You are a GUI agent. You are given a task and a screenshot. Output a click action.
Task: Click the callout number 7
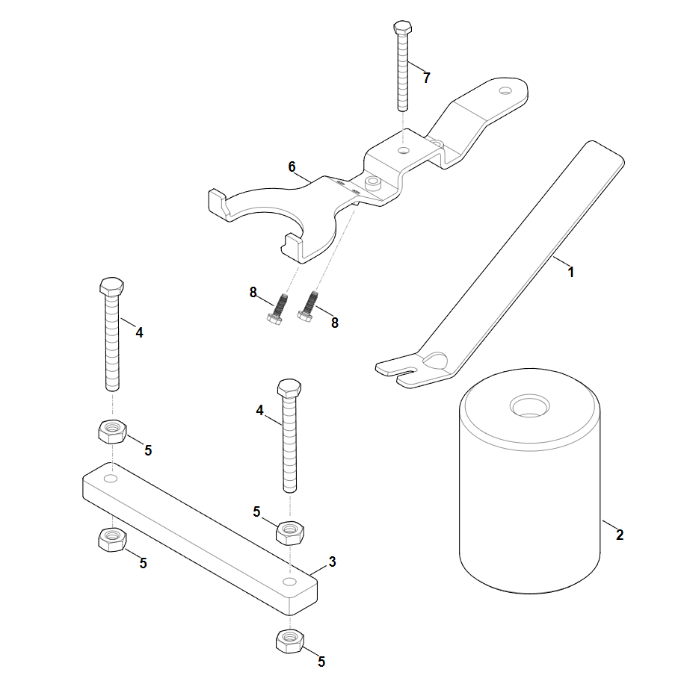pos(427,78)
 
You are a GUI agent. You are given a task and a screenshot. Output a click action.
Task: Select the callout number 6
pos(292,167)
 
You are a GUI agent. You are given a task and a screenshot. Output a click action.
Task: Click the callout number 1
pos(570,272)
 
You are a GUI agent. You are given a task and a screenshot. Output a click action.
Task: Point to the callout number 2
pos(620,534)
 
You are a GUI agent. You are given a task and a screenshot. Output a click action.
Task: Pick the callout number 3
pos(333,562)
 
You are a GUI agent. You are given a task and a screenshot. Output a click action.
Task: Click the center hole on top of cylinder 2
pos(530,406)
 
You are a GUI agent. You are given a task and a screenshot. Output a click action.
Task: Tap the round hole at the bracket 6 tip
pos(505,90)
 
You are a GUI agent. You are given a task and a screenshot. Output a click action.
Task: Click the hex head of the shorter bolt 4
pos(289,388)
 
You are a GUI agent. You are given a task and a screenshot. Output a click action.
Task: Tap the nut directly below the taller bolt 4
pos(113,432)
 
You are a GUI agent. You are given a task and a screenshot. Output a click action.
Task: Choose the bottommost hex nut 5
pos(289,641)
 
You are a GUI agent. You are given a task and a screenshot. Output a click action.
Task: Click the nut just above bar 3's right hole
pos(290,532)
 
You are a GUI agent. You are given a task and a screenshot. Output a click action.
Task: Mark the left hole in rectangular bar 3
pos(111,479)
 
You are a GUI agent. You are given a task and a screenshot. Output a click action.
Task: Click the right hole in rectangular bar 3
pos(289,581)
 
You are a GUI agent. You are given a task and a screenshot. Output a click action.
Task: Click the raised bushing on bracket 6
pos(374,183)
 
